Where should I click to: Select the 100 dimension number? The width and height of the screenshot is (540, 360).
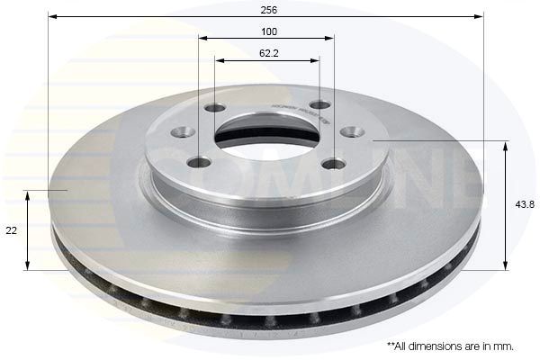(x=269, y=31)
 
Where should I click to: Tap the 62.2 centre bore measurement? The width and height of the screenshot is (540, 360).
(x=269, y=53)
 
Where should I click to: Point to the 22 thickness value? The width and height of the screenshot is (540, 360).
(x=11, y=230)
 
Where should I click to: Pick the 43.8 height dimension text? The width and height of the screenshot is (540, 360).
(x=524, y=204)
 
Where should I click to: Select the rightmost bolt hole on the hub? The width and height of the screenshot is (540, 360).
(x=352, y=132)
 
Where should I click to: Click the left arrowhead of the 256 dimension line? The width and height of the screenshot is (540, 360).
(x=51, y=16)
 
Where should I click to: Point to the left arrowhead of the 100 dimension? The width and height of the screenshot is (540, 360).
(x=202, y=38)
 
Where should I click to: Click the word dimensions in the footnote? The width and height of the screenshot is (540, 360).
(x=435, y=345)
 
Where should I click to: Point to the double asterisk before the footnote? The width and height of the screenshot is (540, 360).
(x=391, y=344)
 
